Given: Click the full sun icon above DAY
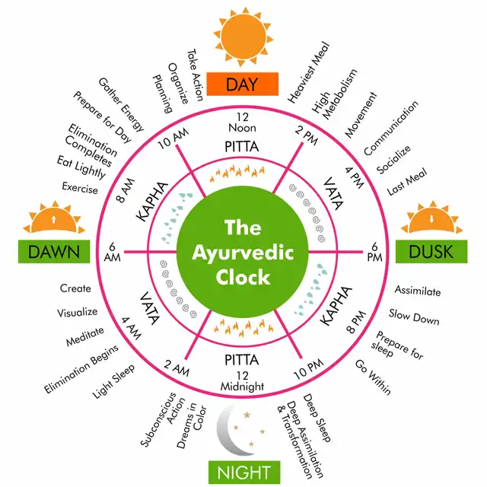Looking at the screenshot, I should click(x=242, y=31).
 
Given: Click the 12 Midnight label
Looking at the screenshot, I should click(x=241, y=380).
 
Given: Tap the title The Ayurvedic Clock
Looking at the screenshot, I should click(x=242, y=252).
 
